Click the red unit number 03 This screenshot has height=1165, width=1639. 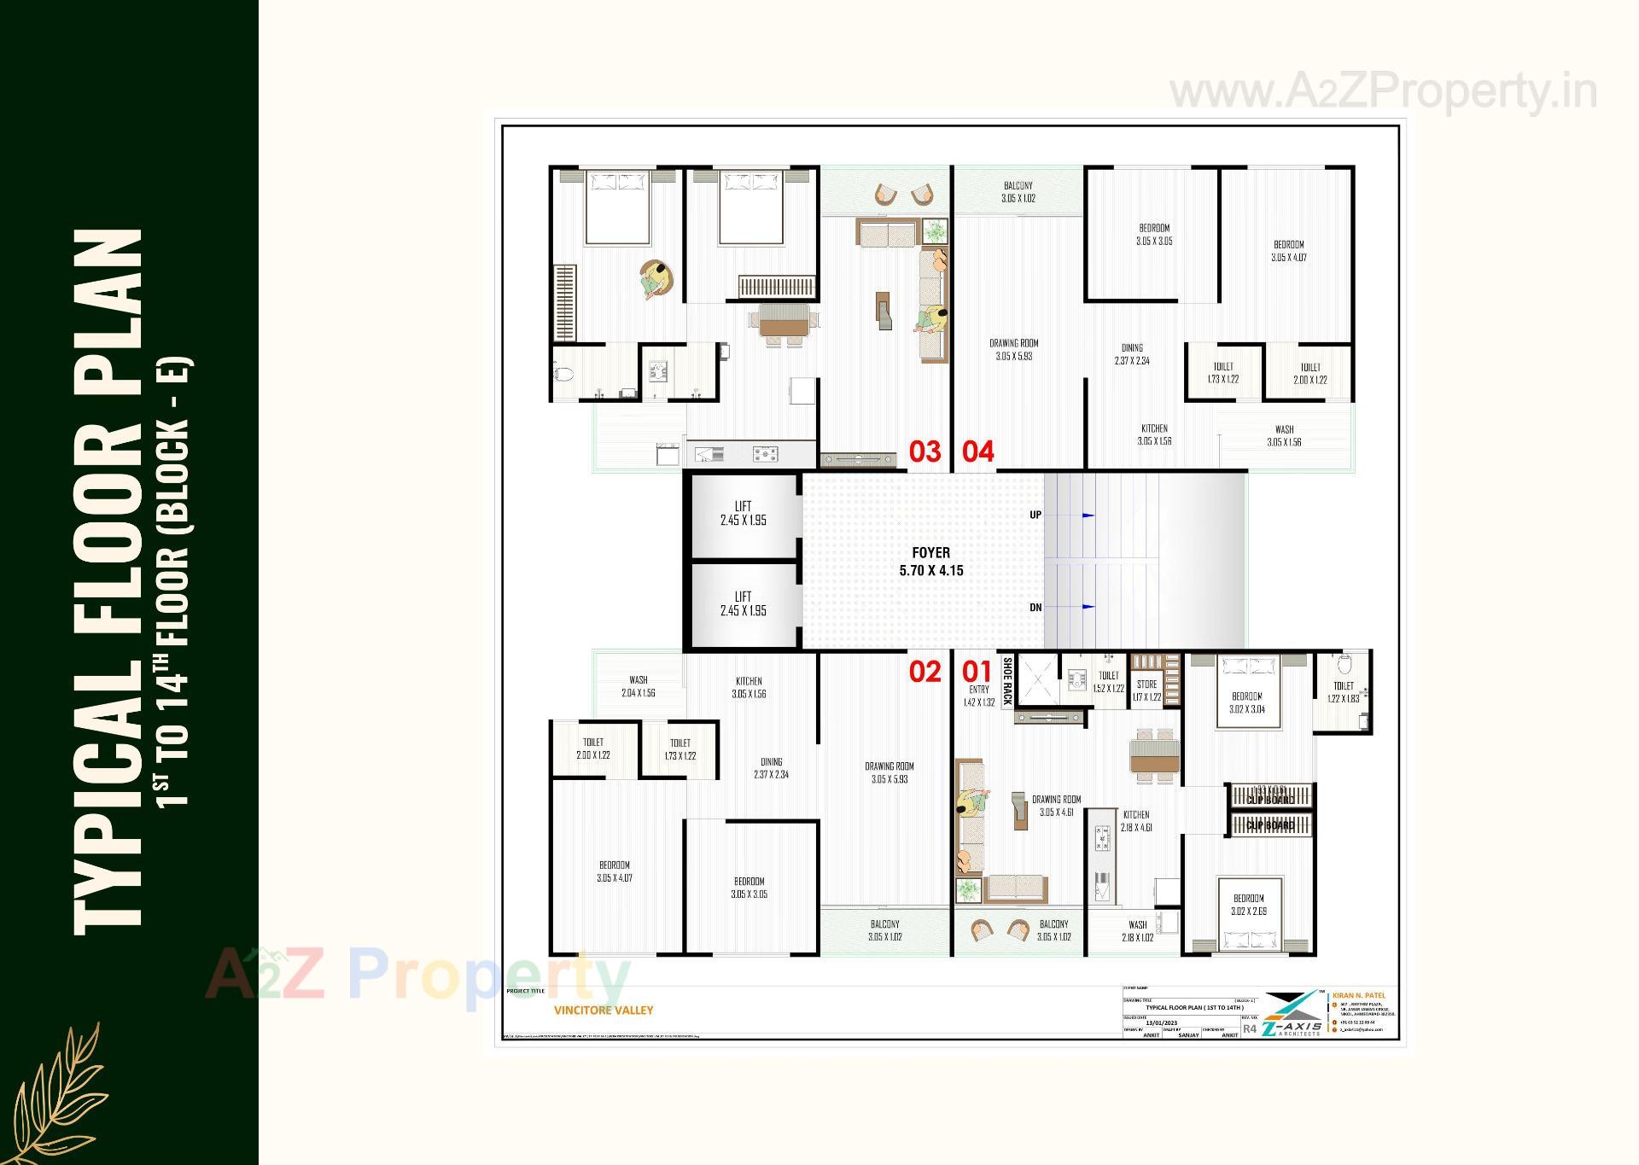coord(924,451)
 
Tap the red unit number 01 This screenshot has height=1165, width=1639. coord(977,672)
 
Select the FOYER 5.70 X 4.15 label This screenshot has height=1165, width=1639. coord(930,562)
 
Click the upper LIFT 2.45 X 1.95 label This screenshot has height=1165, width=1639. coord(743,513)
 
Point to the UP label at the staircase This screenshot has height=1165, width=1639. coord(1035,515)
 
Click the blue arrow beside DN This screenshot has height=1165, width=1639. coord(1088,607)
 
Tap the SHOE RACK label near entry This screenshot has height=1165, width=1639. coord(1007,680)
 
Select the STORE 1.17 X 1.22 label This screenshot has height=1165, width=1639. coord(1147,690)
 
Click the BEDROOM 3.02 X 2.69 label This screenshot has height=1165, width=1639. coord(1248,905)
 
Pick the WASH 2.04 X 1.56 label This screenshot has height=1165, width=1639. coord(638,686)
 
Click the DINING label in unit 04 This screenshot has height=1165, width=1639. coord(1132,354)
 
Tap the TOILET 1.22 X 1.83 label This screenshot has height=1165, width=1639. coord(1344,692)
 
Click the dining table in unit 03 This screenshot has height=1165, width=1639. coord(784,325)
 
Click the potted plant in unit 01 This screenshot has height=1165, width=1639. coord(968,889)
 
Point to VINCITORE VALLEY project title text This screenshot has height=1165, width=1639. coord(604,1010)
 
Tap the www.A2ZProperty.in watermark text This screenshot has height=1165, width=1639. coord(1383,92)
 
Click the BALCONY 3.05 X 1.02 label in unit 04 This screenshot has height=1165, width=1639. coord(1018,192)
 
